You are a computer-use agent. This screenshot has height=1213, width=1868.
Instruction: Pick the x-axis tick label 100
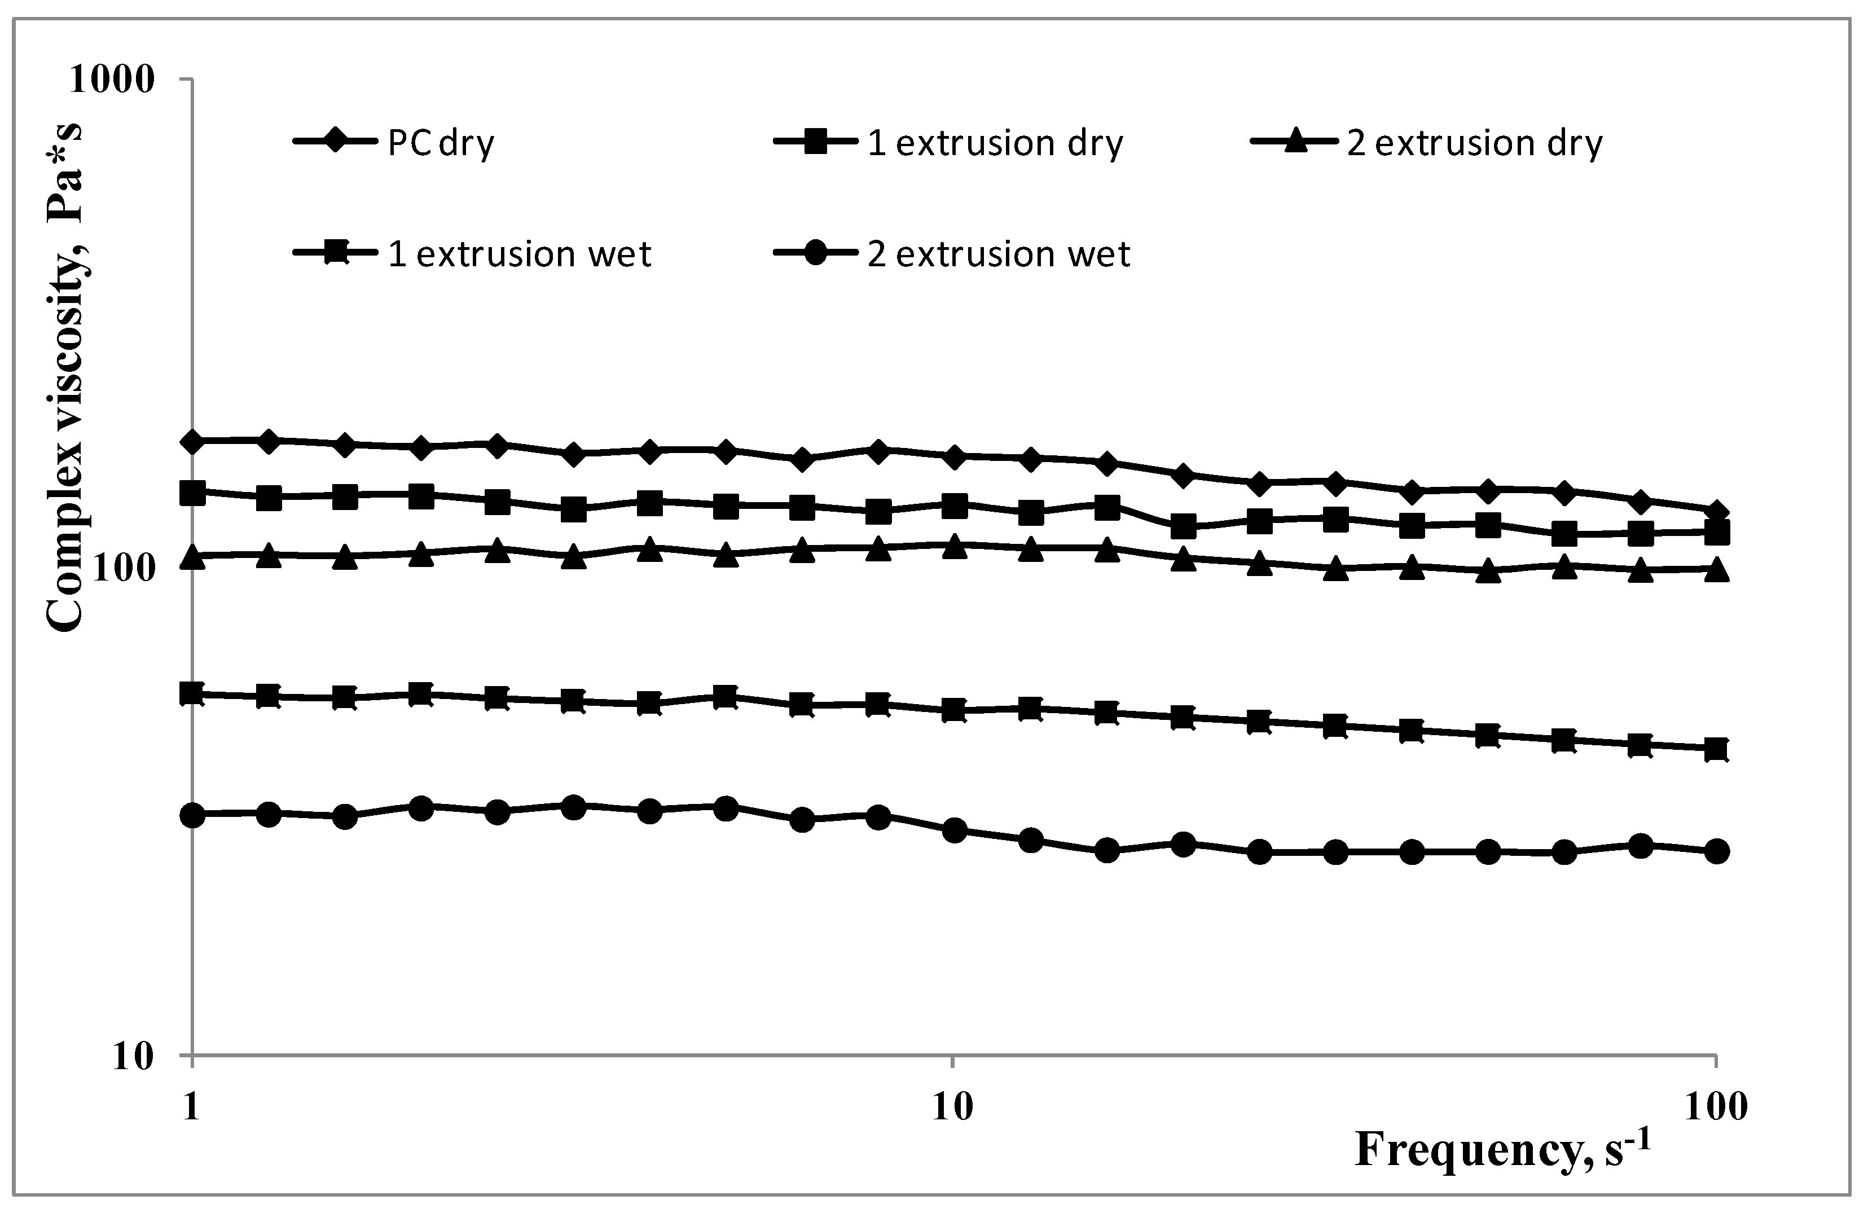1716,1106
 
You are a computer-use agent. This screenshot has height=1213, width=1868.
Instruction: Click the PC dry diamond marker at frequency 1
192,441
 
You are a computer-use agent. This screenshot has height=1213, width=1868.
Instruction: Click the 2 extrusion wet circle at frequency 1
192,815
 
